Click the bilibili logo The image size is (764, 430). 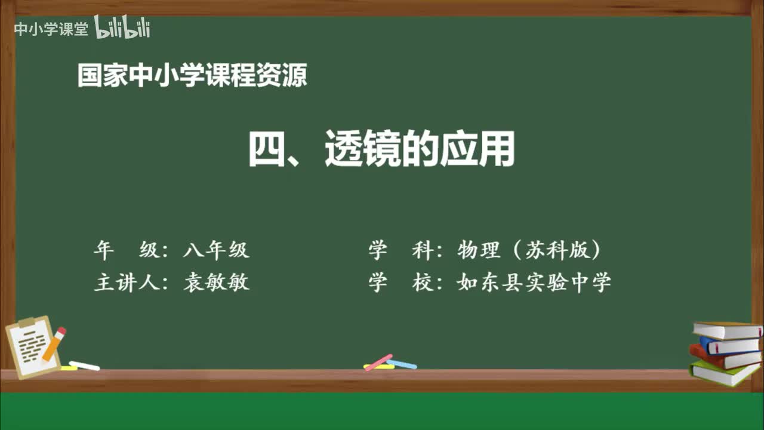click(x=122, y=28)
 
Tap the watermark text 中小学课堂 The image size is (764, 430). click(x=51, y=29)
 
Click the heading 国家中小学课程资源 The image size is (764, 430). click(x=192, y=76)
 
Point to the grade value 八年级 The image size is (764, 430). click(x=216, y=250)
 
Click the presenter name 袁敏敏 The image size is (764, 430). click(x=216, y=282)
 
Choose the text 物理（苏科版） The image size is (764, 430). click(x=528, y=250)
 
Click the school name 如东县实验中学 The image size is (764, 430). click(x=534, y=282)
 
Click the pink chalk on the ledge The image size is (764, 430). click(x=378, y=362)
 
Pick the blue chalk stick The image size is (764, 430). click(x=402, y=364)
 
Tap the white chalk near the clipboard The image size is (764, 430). click(x=84, y=365)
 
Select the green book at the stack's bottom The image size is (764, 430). click(x=724, y=373)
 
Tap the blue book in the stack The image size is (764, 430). click(x=729, y=345)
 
